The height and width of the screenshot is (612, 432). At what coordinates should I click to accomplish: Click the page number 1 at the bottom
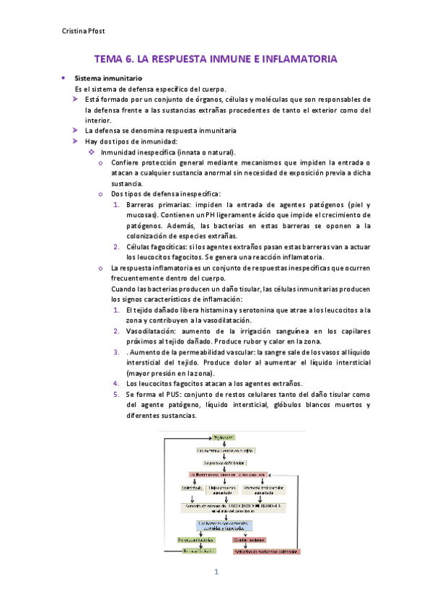coord(215,572)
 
